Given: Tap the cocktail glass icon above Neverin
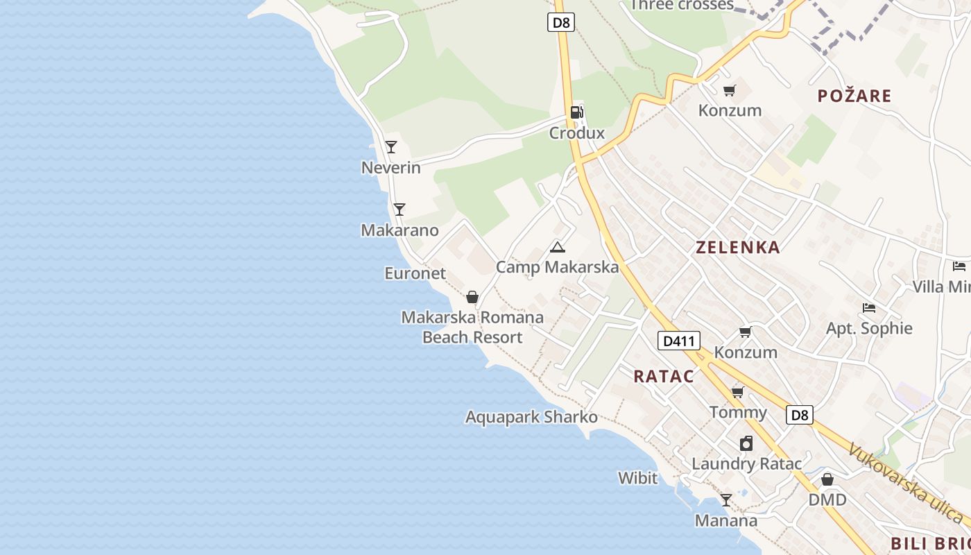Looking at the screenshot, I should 391,147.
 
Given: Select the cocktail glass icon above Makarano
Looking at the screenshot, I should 399,210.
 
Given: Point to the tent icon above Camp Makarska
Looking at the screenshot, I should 557,247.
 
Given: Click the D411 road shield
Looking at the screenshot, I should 678,341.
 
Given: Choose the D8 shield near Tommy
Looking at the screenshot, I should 800,415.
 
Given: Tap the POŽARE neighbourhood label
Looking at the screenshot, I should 854,96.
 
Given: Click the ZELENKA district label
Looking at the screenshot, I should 737,247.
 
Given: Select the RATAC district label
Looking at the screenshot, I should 663,376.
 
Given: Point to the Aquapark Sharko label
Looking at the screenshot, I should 531,417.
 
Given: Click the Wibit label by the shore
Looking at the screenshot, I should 637,478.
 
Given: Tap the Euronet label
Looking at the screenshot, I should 415,273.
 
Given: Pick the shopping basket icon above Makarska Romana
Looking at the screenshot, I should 472,298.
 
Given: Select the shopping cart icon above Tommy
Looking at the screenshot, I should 738,393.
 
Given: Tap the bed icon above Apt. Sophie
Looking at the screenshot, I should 868,308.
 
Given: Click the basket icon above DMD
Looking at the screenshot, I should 827,480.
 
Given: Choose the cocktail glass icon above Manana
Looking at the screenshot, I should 725,500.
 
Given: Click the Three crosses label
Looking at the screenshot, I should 681,5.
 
